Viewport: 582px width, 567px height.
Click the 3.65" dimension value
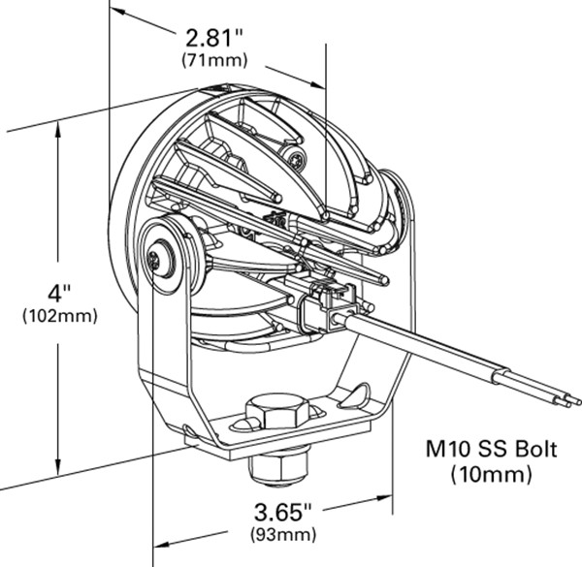tap(284, 511)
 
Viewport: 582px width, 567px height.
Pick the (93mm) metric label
tap(283, 534)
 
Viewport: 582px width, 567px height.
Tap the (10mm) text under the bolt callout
tap(492, 474)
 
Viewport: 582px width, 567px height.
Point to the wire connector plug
tap(317, 305)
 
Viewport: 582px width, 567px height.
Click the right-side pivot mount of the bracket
tap(400, 199)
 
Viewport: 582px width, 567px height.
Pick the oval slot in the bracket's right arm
tap(358, 393)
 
